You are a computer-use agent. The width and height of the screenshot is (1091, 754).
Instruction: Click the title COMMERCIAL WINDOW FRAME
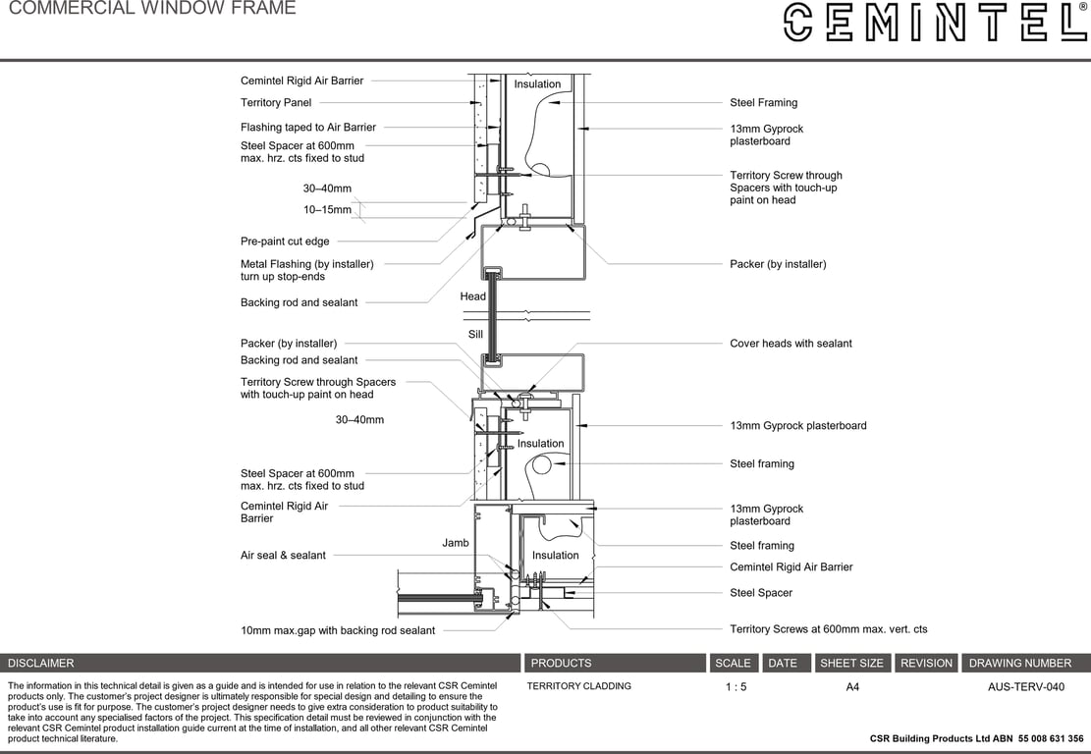[152, 9]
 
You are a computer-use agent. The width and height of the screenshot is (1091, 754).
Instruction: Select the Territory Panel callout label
[276, 103]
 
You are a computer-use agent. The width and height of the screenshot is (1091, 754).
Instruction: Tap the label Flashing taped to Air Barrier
[307, 128]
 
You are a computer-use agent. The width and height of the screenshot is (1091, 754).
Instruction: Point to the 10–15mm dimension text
[327, 210]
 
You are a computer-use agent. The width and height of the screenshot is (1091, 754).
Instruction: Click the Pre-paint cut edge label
[285, 242]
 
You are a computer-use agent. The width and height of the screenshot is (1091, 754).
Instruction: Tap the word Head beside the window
[472, 296]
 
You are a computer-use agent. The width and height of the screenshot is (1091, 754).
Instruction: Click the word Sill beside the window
[475, 335]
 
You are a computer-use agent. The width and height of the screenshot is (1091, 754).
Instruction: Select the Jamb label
[455, 543]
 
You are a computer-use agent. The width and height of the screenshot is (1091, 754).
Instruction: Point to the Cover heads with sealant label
[791, 344]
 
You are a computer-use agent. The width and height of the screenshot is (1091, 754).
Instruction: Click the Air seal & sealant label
[283, 556]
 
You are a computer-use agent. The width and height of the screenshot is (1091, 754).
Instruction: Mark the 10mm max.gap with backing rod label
[337, 630]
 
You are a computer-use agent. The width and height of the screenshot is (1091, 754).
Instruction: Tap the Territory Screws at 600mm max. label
[828, 629]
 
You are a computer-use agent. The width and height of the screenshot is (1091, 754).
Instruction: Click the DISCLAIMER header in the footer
[41, 664]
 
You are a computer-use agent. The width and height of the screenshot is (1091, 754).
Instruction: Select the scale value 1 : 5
[736, 687]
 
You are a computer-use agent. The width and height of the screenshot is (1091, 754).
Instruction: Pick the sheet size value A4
[852, 687]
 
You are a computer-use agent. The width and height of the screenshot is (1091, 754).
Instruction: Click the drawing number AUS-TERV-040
[1025, 687]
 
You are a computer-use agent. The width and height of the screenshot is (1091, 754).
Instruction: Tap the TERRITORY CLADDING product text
[578, 686]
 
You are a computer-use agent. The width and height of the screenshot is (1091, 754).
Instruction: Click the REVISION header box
[926, 664]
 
